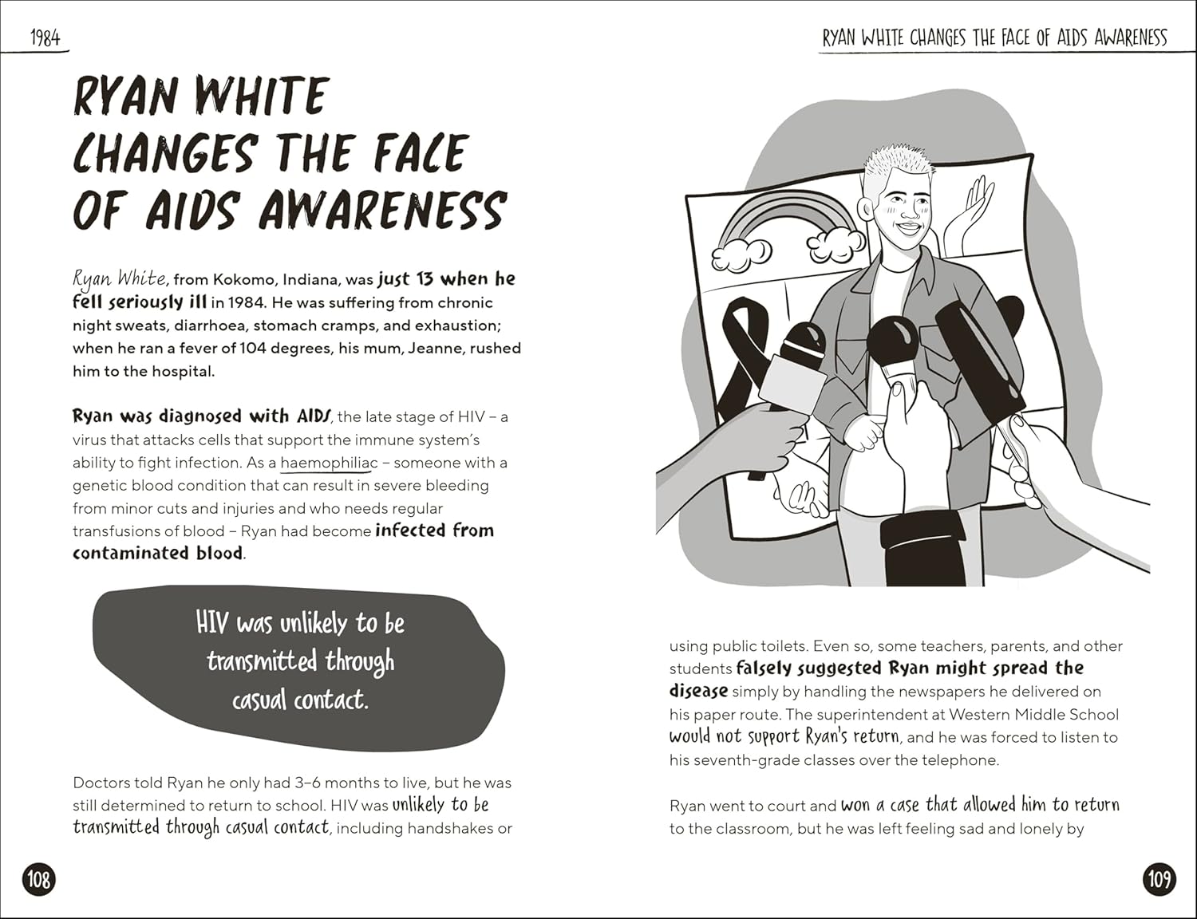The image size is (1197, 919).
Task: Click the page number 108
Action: [x=38, y=879]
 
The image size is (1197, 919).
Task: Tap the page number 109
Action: [x=1159, y=879]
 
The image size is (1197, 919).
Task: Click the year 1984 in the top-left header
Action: [x=45, y=37]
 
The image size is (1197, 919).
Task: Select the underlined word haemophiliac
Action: [x=329, y=463]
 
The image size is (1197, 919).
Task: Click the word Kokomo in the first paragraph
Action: [x=243, y=280]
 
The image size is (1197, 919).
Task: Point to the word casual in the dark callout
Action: [x=259, y=700]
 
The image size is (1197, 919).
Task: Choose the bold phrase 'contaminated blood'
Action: [x=158, y=554]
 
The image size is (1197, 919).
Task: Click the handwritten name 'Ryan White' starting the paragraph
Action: [x=120, y=278]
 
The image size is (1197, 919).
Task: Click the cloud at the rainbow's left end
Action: [x=742, y=254]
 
